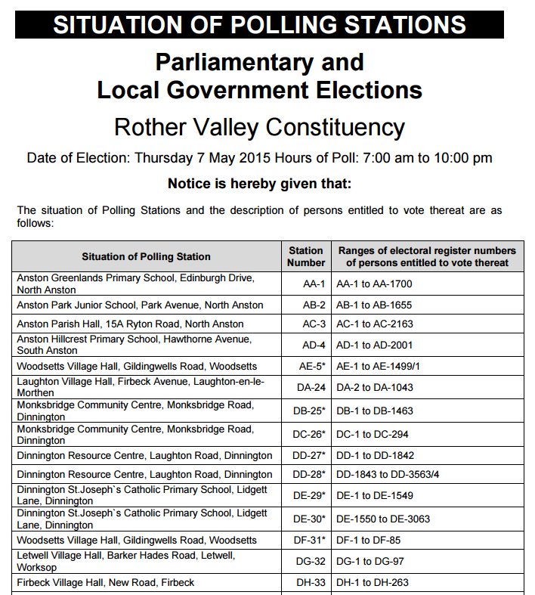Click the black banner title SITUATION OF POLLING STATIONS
coord(259,24)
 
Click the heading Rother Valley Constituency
coord(259,126)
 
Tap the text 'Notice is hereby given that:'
coord(259,184)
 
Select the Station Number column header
coord(305,256)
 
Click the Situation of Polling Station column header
coord(146,256)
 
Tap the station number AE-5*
coord(312,367)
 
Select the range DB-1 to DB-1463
coord(376,411)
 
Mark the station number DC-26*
coord(311,435)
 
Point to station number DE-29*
coord(311,495)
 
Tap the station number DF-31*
coord(311,541)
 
